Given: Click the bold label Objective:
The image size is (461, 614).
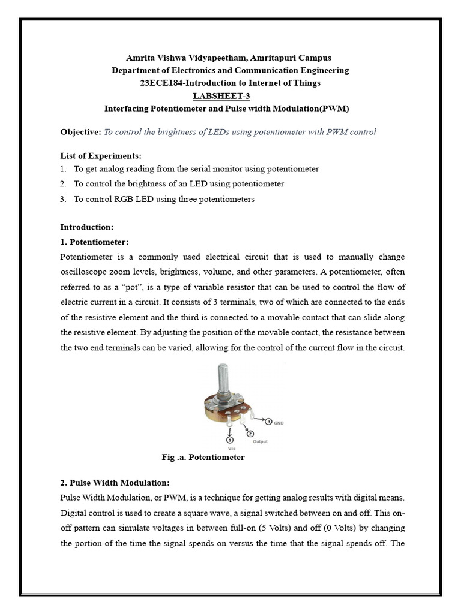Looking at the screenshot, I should click(x=81, y=132).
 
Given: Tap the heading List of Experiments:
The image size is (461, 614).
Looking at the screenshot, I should click(x=101, y=155).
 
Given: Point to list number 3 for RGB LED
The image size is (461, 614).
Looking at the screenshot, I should click(x=63, y=199).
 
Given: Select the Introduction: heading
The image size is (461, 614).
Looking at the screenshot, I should click(x=86, y=227).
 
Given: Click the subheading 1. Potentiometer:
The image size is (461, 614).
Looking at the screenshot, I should click(x=94, y=242).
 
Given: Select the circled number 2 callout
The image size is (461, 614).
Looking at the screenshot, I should click(x=250, y=433).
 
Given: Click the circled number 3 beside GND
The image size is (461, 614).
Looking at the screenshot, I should click(x=268, y=422).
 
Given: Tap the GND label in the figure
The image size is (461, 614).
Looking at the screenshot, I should click(x=279, y=423).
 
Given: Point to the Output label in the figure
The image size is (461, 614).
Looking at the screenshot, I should click(x=260, y=442).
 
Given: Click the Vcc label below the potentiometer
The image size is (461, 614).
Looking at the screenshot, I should click(x=230, y=447).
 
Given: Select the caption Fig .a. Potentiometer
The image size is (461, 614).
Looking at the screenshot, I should click(x=203, y=458).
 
